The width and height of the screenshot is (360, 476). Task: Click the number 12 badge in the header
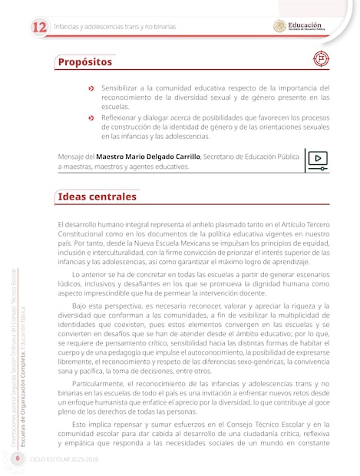pyautogui.click(x=38, y=27)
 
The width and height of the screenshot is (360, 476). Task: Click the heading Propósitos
pyautogui.click(x=85, y=61)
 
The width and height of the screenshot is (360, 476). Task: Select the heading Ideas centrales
pyautogui.click(x=97, y=197)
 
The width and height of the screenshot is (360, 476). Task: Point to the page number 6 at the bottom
pyautogui.click(x=17, y=458)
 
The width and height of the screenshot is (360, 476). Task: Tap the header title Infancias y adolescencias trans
pyautogui.click(x=114, y=27)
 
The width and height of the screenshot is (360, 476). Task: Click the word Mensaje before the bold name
pyautogui.click(x=71, y=156)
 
